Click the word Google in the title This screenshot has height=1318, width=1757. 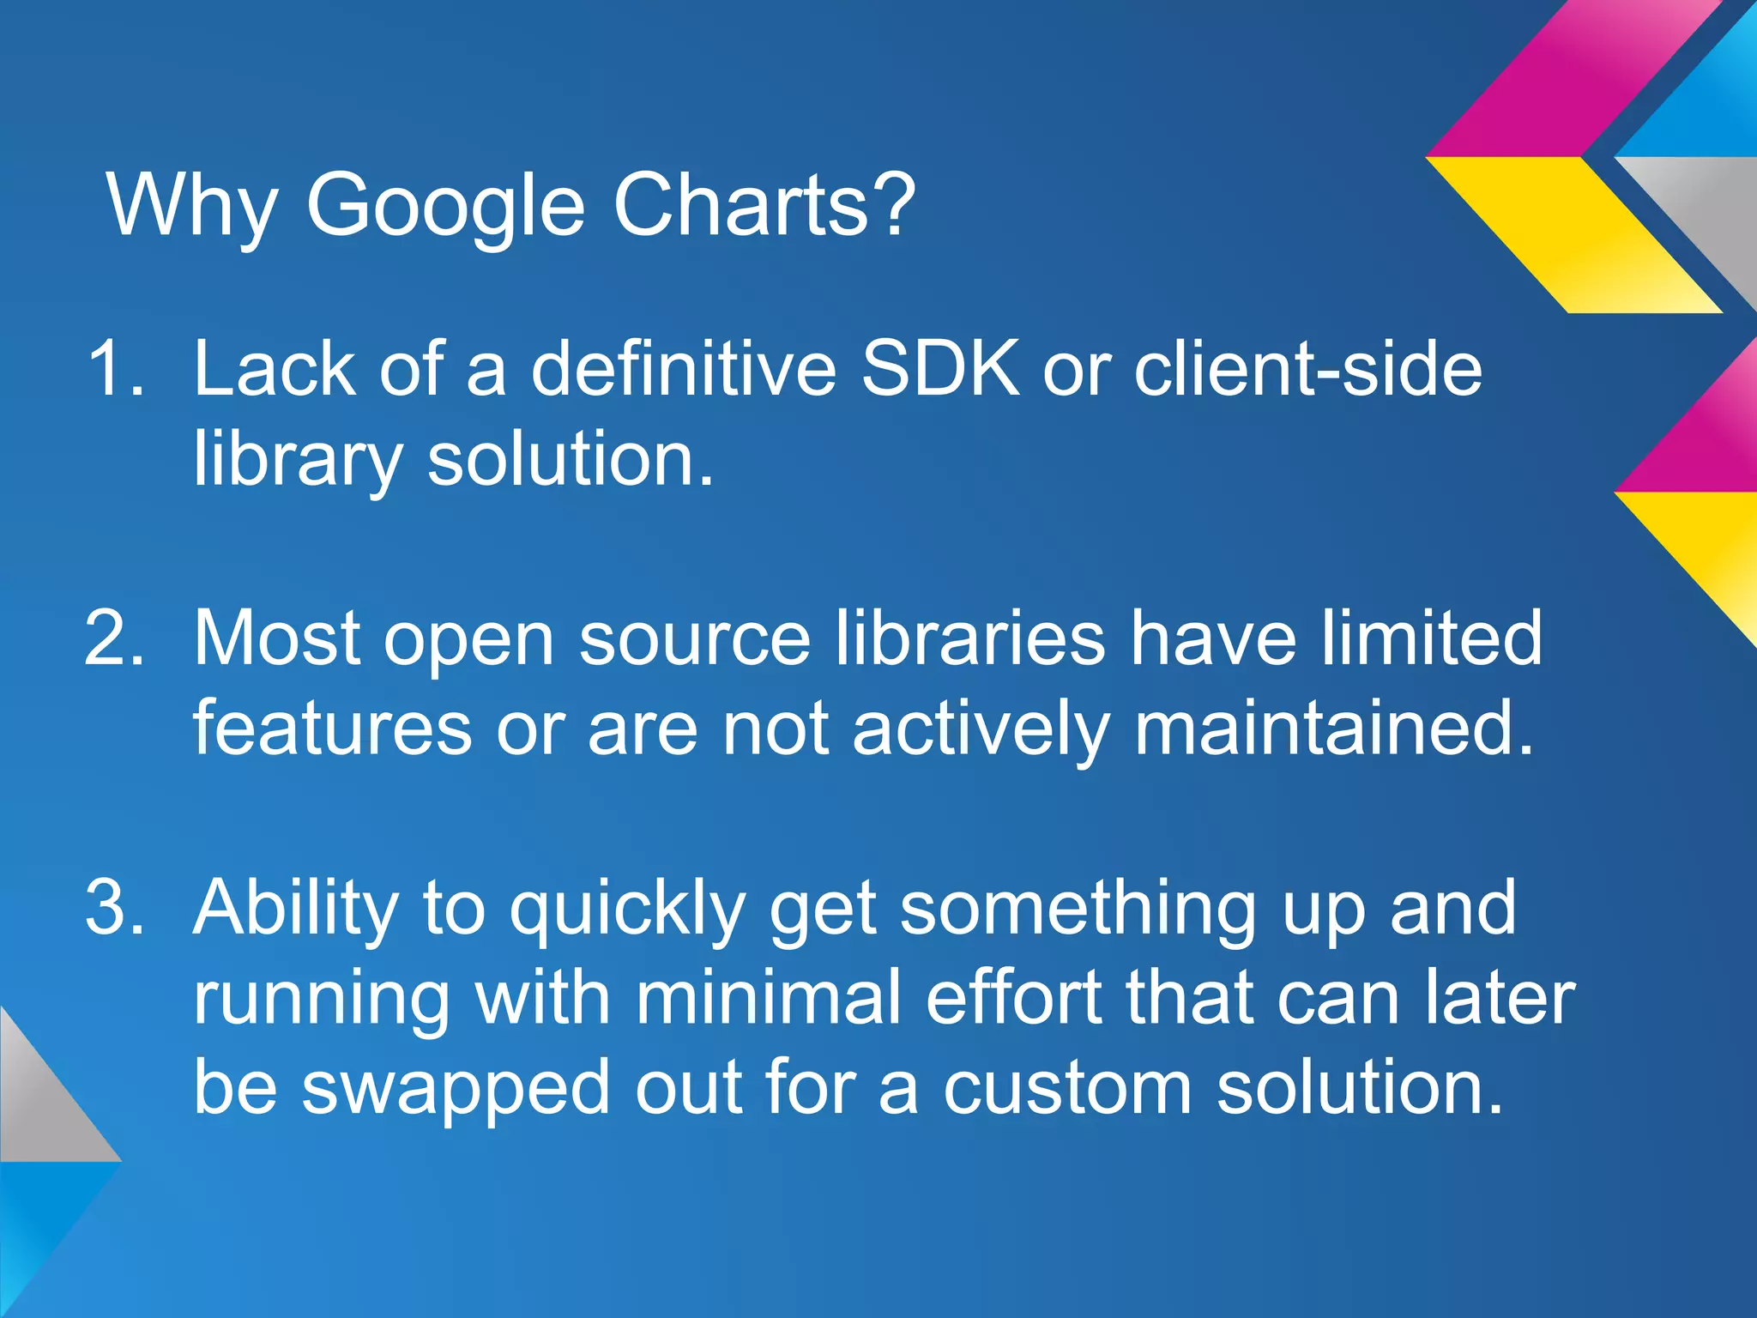[445, 206]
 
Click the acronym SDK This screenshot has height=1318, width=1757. [940, 368]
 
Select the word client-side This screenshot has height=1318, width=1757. [1307, 368]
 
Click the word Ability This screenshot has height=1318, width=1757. [296, 910]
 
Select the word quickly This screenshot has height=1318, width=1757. [627, 910]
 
